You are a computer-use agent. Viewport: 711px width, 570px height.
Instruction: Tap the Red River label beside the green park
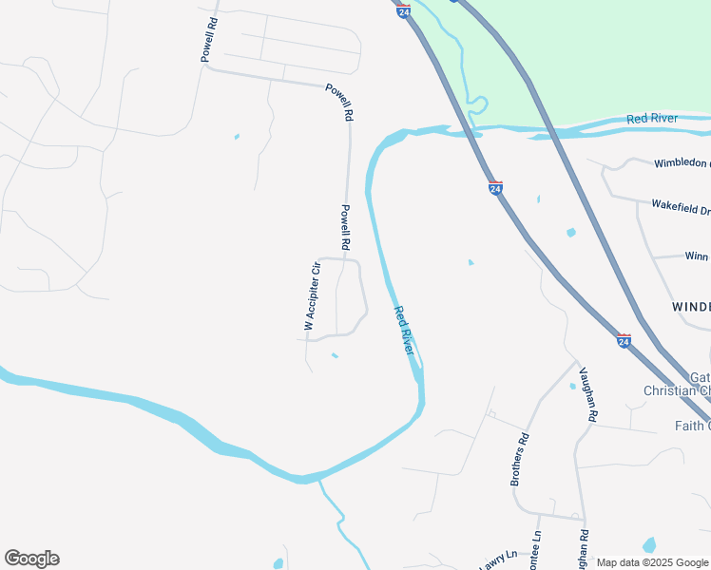click(x=652, y=119)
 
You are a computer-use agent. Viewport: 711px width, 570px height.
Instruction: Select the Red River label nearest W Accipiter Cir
click(x=405, y=331)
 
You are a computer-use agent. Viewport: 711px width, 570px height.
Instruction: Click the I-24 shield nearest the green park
click(x=404, y=10)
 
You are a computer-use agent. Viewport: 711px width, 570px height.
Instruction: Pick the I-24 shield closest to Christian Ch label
click(x=624, y=339)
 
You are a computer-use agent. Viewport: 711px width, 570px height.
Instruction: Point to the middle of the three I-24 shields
click(x=495, y=189)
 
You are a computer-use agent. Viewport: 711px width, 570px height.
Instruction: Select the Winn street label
click(x=696, y=256)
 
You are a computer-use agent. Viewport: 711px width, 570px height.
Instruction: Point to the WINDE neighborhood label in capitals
click(x=691, y=307)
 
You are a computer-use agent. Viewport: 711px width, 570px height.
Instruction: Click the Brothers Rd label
click(x=519, y=459)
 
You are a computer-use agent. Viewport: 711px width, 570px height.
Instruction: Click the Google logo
click(x=31, y=559)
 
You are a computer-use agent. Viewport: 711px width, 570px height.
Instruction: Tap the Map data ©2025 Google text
click(x=653, y=562)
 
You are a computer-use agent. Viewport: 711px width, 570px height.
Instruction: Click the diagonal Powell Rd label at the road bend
click(x=339, y=102)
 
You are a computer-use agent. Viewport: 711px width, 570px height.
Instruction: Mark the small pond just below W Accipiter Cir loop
click(x=334, y=356)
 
